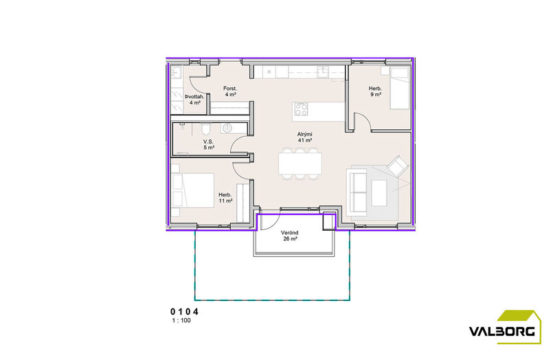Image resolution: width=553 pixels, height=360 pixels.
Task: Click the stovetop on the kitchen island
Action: coord(301,109)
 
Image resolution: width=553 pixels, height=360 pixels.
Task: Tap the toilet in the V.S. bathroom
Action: coord(205,128)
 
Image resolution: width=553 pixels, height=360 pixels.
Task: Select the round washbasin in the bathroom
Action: coord(227,128)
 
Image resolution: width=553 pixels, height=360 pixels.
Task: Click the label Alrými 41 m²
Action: coord(305,137)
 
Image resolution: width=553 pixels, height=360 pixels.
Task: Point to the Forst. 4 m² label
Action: coord(230,91)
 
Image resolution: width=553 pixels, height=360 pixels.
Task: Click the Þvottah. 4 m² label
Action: coord(194,100)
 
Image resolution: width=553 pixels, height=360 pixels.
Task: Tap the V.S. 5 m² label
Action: coord(208,144)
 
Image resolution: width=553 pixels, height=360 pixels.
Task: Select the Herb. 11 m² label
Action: coord(225,198)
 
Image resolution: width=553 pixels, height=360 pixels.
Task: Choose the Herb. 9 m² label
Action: coord(375,91)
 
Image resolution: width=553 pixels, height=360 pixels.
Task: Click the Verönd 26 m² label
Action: coord(289,236)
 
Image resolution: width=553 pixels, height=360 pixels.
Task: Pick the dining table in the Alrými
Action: coord(300,164)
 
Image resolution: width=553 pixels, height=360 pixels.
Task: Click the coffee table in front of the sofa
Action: coord(379,193)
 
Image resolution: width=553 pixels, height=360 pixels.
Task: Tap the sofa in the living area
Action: coord(357,192)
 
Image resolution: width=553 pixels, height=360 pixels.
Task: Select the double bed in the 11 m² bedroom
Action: coord(192,194)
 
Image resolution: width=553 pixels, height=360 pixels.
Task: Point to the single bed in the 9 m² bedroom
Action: coord(399,88)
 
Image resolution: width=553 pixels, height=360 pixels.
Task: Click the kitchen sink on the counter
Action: coord(322,72)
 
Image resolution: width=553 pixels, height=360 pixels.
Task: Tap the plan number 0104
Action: coord(185,312)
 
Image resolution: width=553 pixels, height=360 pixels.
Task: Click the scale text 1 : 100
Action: coord(181,321)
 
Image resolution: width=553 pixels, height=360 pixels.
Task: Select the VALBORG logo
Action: coord(505,327)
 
